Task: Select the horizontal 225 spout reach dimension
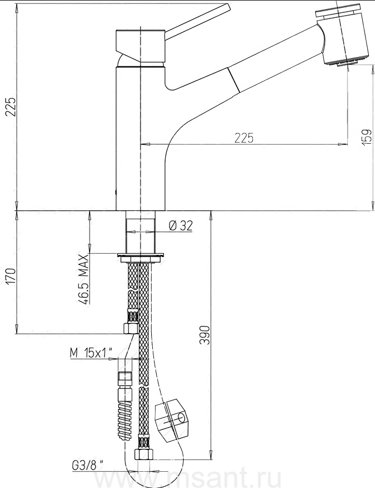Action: (x=244, y=138)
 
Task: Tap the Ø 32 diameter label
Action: (x=180, y=225)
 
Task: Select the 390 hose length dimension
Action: (x=204, y=335)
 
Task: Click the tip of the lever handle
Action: (x=229, y=6)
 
